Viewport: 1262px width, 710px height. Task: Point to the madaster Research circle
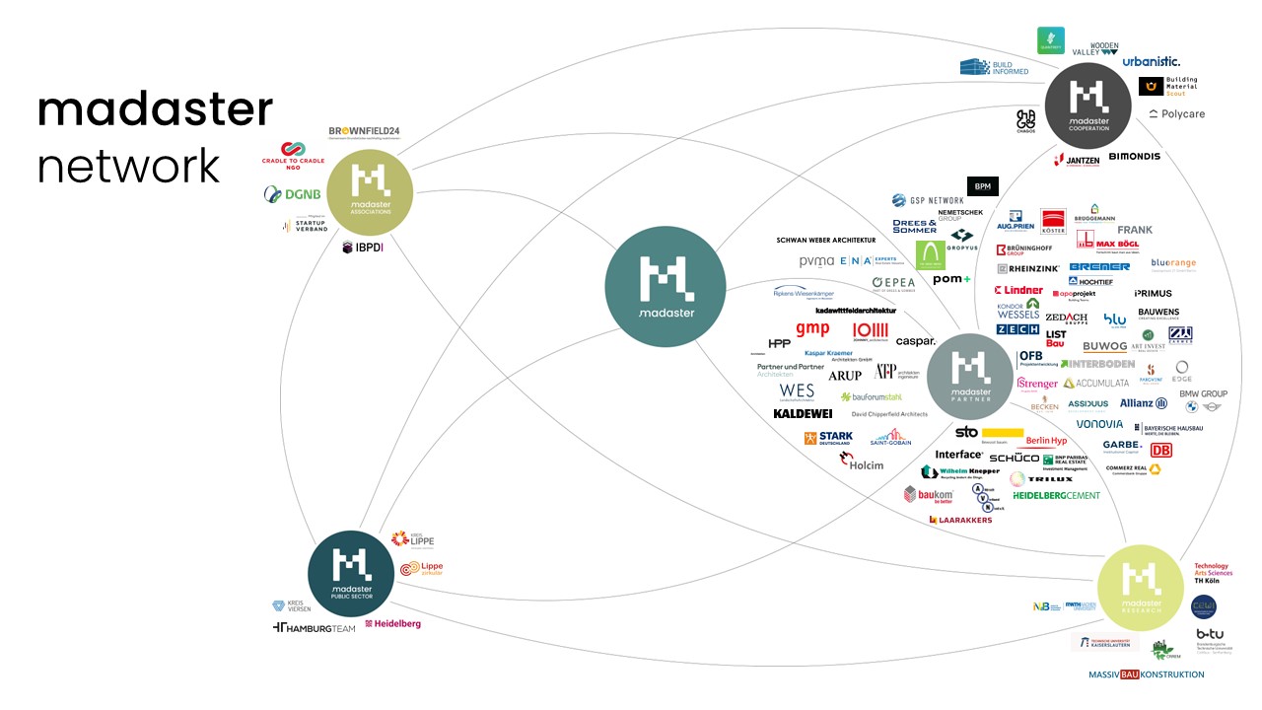pyautogui.click(x=1140, y=587)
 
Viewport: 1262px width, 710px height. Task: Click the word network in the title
pyautogui.click(x=128, y=166)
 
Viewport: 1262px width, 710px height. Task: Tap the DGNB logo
pyautogui.click(x=285, y=194)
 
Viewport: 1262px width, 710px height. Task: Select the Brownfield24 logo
pyautogui.click(x=364, y=132)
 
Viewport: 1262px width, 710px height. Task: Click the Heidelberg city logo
pyautogui.click(x=392, y=624)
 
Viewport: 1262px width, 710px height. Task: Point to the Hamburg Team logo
pyautogui.click(x=314, y=628)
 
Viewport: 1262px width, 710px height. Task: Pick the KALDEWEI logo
pyautogui.click(x=803, y=413)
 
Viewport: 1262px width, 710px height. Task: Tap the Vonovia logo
pyautogui.click(x=1099, y=424)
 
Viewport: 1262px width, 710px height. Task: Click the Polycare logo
pyautogui.click(x=1176, y=114)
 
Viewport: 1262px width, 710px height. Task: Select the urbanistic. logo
pyautogui.click(x=1151, y=61)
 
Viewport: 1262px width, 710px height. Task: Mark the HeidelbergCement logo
pyautogui.click(x=1056, y=495)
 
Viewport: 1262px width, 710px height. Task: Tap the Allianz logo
pyautogui.click(x=1144, y=403)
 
